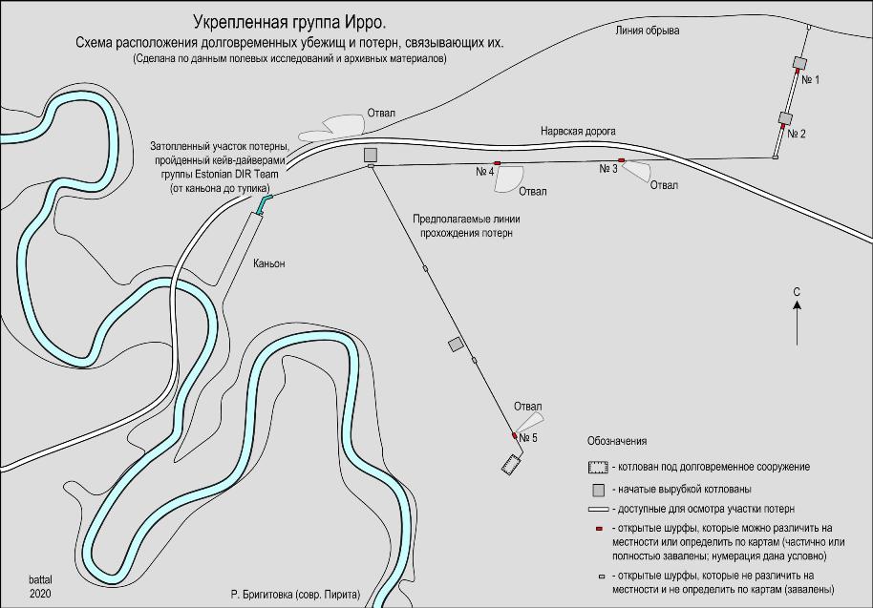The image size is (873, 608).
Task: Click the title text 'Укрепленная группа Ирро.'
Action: pyautogui.click(x=289, y=22)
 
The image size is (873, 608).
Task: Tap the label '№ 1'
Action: pyautogui.click(x=810, y=80)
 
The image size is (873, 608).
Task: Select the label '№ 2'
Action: pyautogui.click(x=797, y=134)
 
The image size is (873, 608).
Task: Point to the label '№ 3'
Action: pyautogui.click(x=608, y=169)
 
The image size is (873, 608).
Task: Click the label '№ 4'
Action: pyautogui.click(x=485, y=172)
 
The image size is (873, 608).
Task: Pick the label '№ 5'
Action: pyautogui.click(x=528, y=438)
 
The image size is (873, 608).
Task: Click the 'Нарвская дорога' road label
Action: pyautogui.click(x=578, y=132)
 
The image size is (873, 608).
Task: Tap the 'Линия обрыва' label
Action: pyautogui.click(x=647, y=31)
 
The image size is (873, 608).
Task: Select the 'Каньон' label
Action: pyautogui.click(x=269, y=263)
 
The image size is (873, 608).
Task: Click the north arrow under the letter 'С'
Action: pyautogui.click(x=797, y=323)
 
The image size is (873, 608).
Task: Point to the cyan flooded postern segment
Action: pyautogui.click(x=264, y=203)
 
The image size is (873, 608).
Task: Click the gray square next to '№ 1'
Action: pyautogui.click(x=800, y=62)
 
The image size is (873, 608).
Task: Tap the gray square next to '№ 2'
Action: pyautogui.click(x=785, y=118)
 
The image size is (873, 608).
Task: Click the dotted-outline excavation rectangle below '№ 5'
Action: pyautogui.click(x=511, y=465)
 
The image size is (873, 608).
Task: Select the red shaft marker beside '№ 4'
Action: pyautogui.click(x=498, y=163)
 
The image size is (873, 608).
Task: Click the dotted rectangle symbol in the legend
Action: pyautogui.click(x=598, y=468)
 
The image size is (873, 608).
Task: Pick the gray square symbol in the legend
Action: pyautogui.click(x=599, y=490)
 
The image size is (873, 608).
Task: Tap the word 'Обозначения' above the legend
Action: pyautogui.click(x=617, y=441)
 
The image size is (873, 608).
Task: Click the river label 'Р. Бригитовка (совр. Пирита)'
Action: pyautogui.click(x=296, y=595)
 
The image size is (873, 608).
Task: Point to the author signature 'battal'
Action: pyautogui.click(x=40, y=579)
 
